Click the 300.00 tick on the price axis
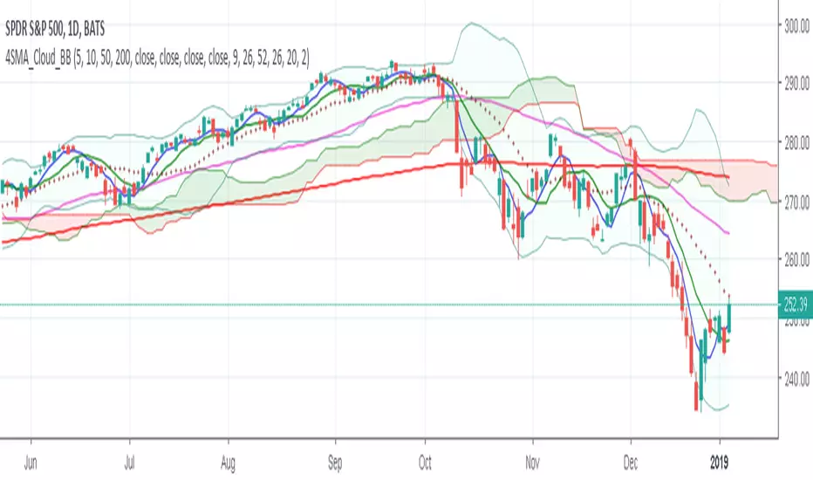coord(796,26)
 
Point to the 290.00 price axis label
coord(796,85)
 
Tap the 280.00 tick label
coord(796,143)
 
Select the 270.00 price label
coord(796,202)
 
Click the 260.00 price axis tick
coord(796,260)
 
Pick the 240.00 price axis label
coord(796,377)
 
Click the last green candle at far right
coord(729,314)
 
